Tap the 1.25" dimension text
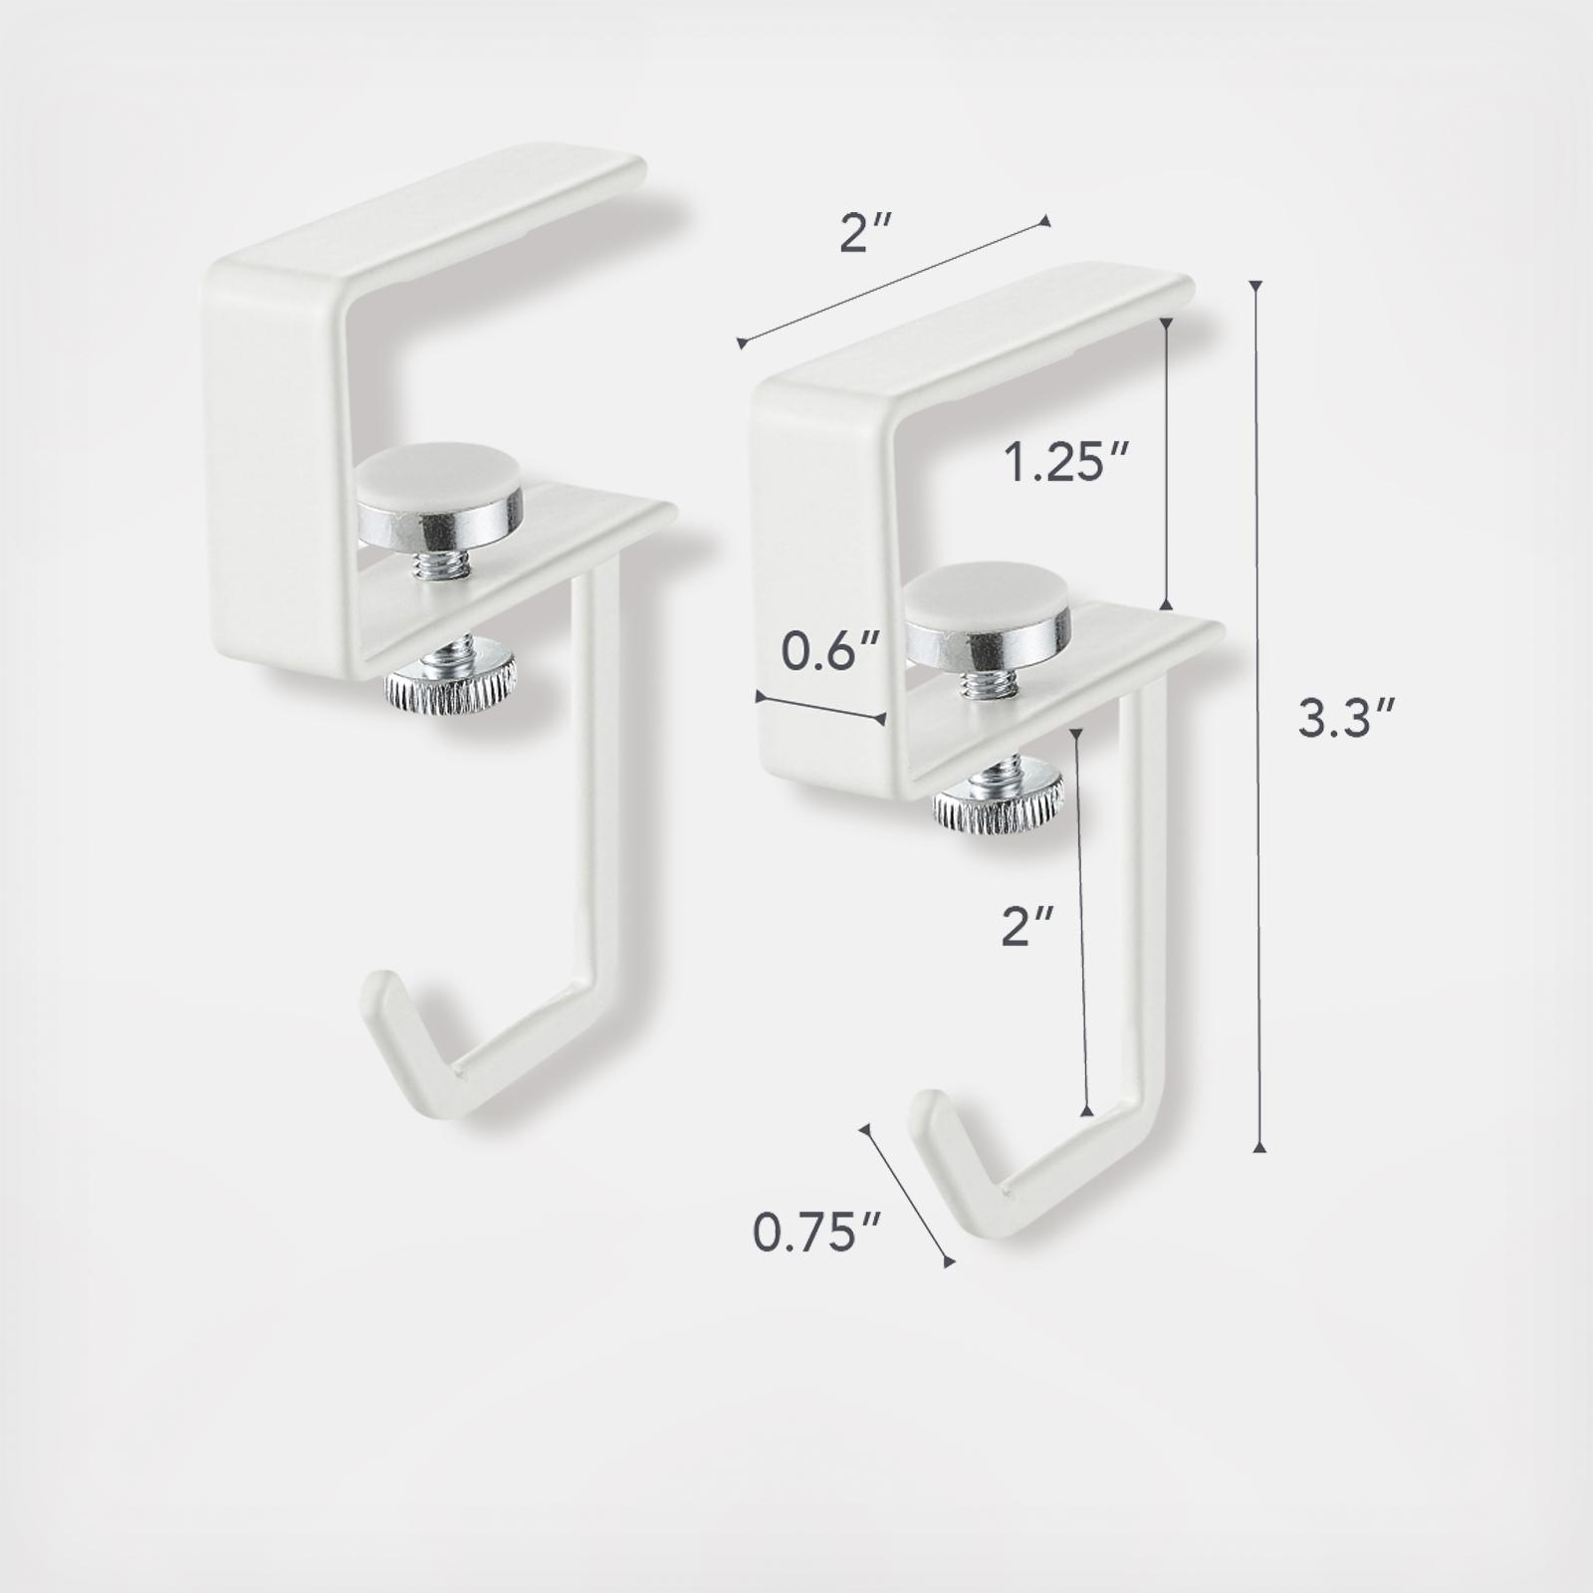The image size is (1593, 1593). [1064, 465]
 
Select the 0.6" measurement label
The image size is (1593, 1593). [818, 653]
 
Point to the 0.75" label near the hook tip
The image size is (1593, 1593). [803, 1234]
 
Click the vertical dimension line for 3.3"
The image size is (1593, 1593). [1259, 717]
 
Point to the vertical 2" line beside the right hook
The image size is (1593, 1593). [1084, 921]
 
